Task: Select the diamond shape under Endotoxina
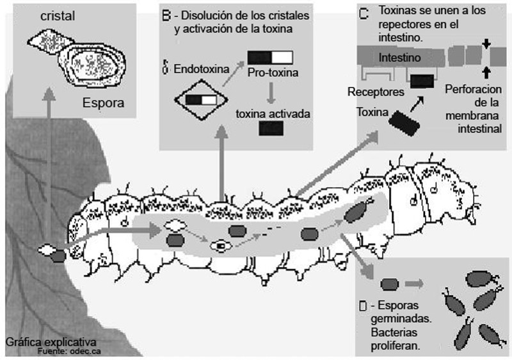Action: pos(201,100)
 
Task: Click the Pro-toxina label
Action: pos(273,72)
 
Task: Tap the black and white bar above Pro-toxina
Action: pos(269,57)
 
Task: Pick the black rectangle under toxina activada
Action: pos(271,128)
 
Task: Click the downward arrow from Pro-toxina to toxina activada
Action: pos(272,94)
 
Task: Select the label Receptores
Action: pos(375,92)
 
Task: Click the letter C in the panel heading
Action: pos(364,12)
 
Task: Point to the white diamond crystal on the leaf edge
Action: pos(47,249)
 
